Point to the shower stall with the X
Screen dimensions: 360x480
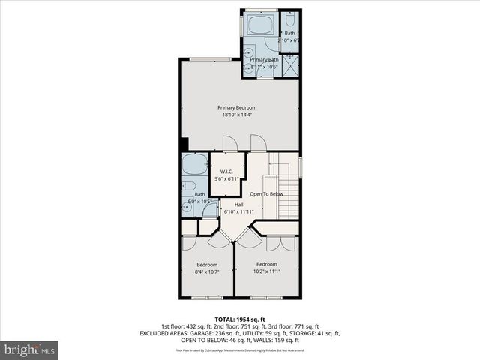click(x=290, y=65)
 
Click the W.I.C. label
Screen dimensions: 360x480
click(x=229, y=172)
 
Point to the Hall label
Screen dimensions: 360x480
click(x=239, y=205)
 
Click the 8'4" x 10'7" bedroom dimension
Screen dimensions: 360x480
click(x=207, y=271)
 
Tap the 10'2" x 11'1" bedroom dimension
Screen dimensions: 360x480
click(x=266, y=271)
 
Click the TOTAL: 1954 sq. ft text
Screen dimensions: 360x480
click(x=240, y=319)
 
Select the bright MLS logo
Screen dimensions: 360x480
click(x=30, y=349)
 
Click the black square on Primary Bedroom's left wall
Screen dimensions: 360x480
click(x=183, y=144)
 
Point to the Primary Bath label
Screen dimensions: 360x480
click(x=264, y=59)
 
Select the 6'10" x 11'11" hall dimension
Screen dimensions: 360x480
click(x=239, y=211)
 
